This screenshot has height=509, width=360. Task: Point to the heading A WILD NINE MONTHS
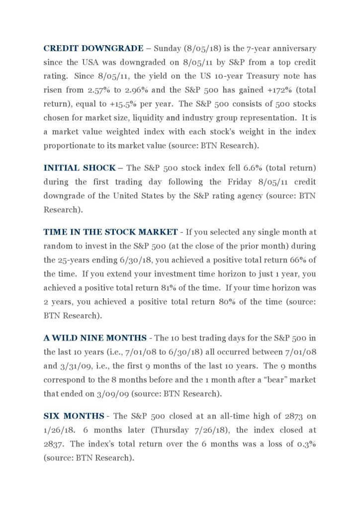[x=95, y=338]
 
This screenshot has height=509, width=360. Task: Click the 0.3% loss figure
[x=307, y=444]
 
